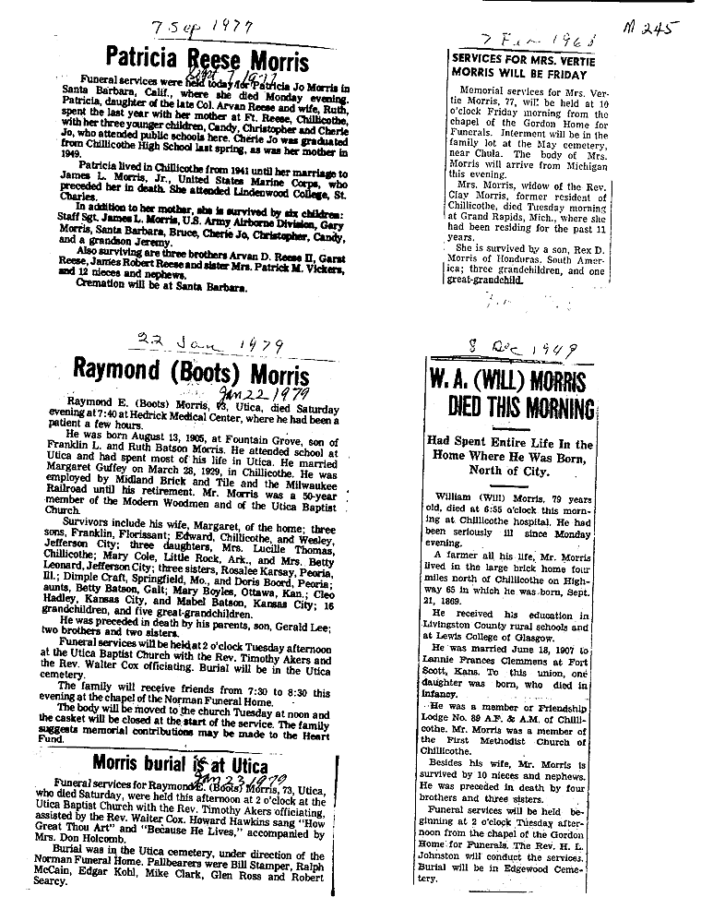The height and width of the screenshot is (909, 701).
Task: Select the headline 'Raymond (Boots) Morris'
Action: coord(192,376)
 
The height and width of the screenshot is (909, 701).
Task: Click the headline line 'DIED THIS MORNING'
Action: coord(522,407)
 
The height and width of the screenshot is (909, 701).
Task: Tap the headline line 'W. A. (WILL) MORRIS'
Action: coord(510,379)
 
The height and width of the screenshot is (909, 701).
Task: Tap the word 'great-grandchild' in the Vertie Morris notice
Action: coord(489,280)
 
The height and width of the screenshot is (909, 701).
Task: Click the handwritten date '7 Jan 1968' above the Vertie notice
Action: coord(538,40)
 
